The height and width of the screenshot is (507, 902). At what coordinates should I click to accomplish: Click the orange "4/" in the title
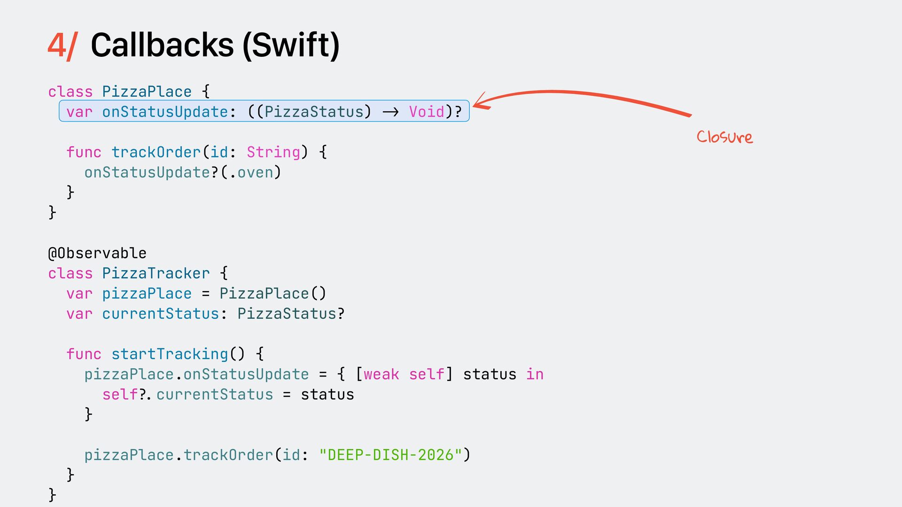62,46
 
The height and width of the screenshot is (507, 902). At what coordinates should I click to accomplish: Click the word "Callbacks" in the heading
162,46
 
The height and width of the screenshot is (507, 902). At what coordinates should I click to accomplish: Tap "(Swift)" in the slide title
291,46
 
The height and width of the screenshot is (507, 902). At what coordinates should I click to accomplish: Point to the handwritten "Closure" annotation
724,137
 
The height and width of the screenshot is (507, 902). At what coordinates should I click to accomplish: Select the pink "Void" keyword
427,112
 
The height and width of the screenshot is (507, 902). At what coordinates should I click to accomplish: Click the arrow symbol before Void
390,112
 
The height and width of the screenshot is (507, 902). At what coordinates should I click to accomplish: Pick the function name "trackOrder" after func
156,152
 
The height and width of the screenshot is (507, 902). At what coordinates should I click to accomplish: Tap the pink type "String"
273,152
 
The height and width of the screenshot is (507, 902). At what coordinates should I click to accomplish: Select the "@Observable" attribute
97,253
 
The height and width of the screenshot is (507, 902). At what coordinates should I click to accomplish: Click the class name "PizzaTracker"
156,273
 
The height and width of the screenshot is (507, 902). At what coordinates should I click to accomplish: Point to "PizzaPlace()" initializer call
272,293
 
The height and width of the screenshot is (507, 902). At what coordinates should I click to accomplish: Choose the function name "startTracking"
170,354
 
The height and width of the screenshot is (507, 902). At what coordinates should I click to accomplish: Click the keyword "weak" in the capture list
381,374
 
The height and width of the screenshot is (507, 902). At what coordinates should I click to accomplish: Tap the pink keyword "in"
535,374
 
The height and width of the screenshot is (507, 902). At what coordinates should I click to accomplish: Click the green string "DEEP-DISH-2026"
390,455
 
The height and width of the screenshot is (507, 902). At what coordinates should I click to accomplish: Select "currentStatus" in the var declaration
161,314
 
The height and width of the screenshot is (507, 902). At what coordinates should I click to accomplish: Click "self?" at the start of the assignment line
124,394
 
